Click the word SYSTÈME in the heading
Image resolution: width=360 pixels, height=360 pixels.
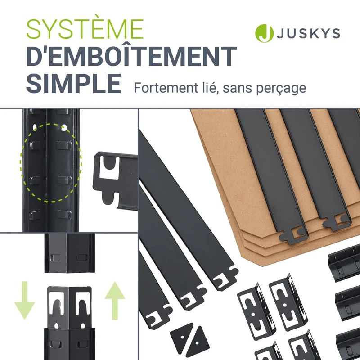[85, 29]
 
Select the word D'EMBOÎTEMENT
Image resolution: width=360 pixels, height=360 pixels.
[131, 57]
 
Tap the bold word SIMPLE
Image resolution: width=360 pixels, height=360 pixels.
[74, 83]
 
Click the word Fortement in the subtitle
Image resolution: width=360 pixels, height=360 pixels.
[166, 88]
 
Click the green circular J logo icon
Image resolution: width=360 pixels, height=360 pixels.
[264, 33]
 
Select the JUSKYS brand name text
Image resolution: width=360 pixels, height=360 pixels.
[308, 33]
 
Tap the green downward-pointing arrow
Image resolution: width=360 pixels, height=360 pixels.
[24, 300]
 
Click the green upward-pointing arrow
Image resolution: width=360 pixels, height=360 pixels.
[115, 301]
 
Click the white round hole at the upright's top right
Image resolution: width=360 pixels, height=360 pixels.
[64, 127]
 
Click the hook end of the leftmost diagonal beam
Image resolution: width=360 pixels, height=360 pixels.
[159, 317]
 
